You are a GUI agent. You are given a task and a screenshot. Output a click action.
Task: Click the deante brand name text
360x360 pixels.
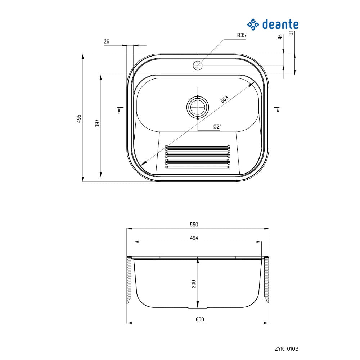click(280, 24)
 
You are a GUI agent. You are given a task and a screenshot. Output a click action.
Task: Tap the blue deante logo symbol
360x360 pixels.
click(253, 24)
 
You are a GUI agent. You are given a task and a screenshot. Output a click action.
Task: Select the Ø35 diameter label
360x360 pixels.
click(241, 35)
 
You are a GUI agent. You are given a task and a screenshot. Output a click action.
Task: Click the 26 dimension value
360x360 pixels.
click(107, 41)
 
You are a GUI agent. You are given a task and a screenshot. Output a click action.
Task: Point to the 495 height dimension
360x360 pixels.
click(79, 118)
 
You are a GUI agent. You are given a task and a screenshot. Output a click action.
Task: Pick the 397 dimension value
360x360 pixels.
click(98, 123)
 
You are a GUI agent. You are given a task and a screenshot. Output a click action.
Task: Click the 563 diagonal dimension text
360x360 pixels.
click(224, 99)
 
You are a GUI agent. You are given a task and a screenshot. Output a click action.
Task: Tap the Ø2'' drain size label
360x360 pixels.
click(217, 126)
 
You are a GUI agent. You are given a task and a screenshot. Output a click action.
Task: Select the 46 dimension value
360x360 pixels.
click(280, 37)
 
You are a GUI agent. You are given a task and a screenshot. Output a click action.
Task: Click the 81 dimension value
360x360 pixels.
click(291, 33)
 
